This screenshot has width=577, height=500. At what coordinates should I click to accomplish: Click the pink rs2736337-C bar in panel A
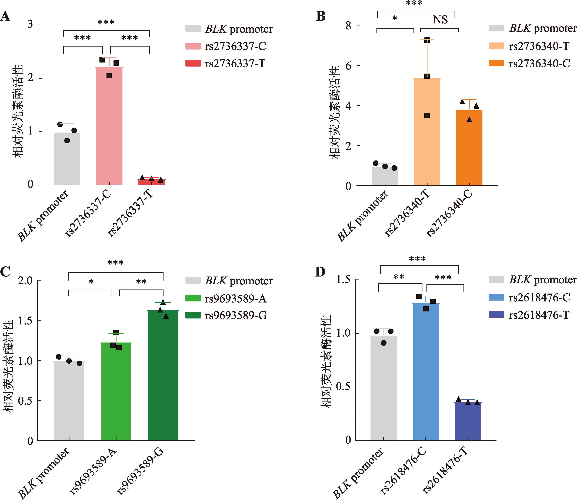point(109,126)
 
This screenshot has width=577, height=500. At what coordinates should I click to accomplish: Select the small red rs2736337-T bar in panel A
point(151,182)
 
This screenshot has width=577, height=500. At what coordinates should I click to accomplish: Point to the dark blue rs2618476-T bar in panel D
point(468,421)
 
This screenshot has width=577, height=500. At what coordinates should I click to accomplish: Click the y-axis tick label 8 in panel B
point(348,26)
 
